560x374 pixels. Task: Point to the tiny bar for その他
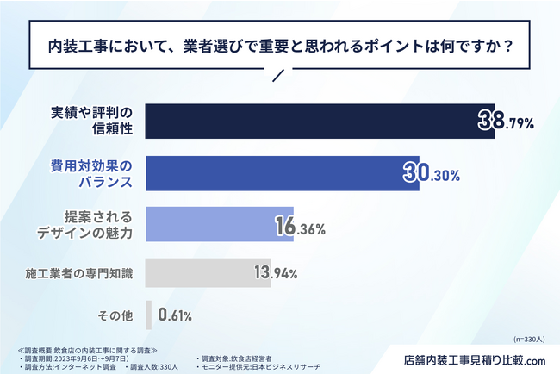pos(149,315)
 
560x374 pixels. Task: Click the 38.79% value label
pos(507,123)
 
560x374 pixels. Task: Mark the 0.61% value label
pos(174,315)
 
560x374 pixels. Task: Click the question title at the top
pos(279,43)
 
